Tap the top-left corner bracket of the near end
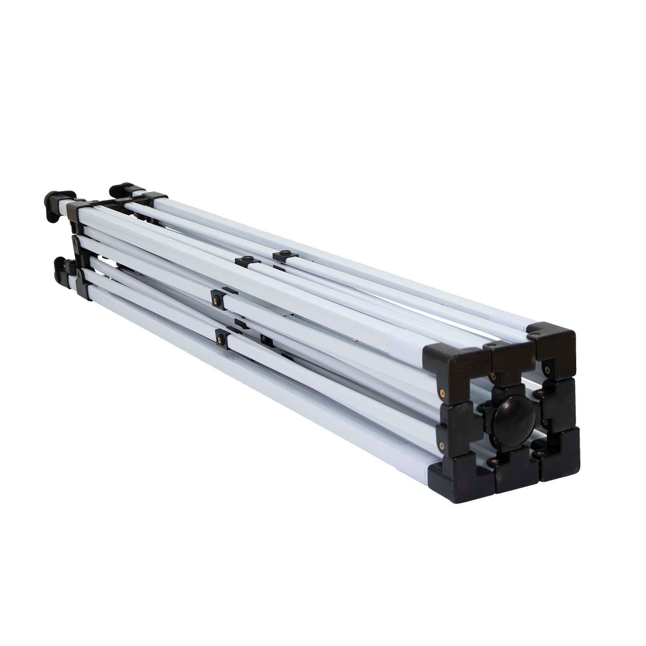[x=452, y=362]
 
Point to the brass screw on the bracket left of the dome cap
[x=441, y=444]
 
